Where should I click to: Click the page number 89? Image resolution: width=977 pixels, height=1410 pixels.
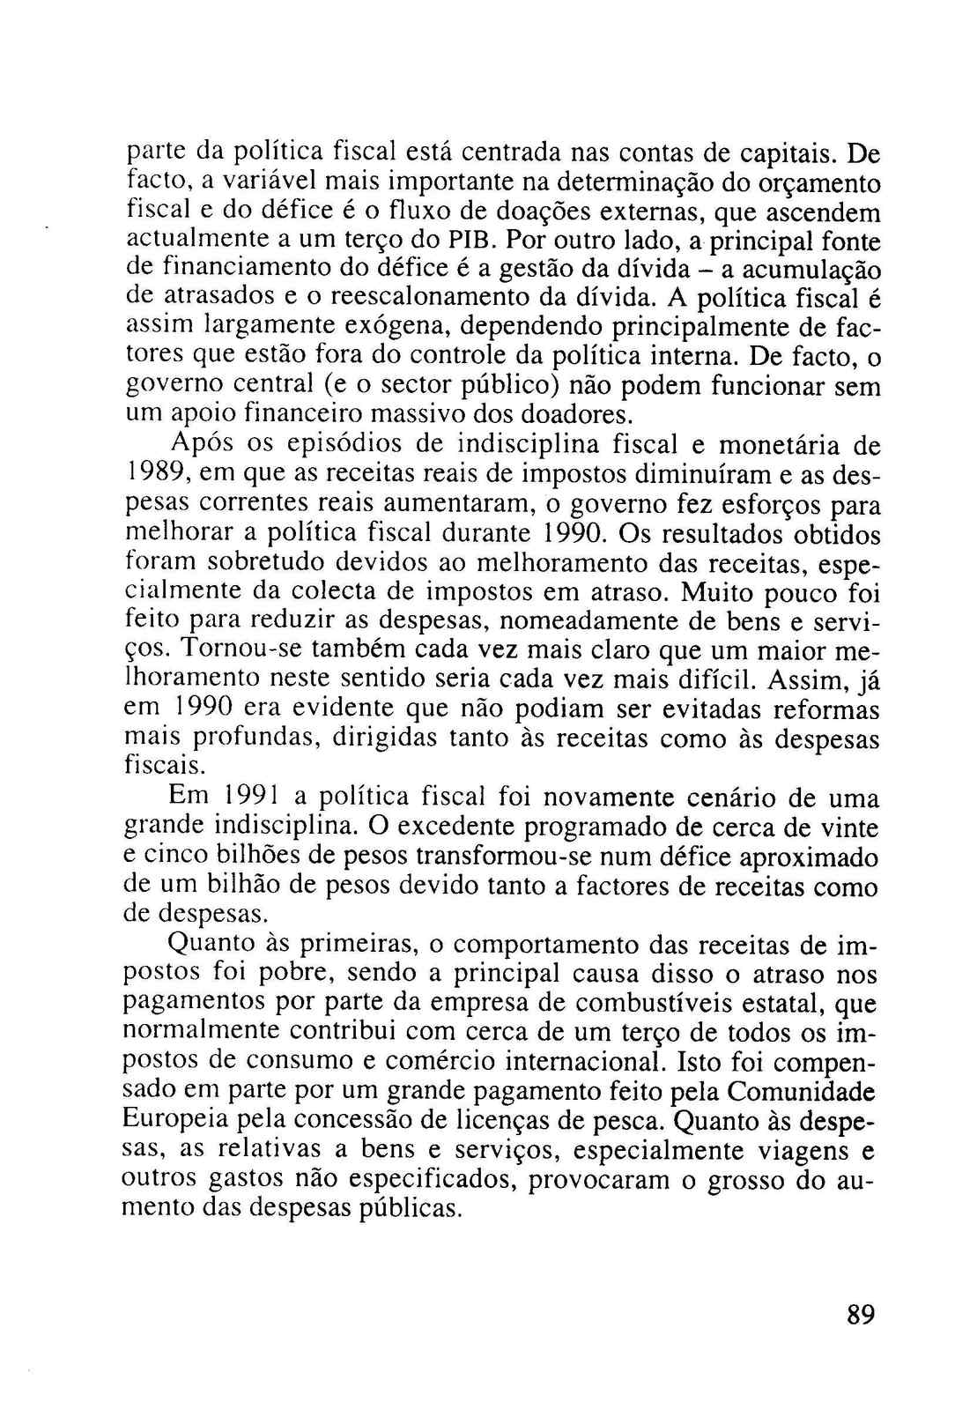click(x=860, y=1315)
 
